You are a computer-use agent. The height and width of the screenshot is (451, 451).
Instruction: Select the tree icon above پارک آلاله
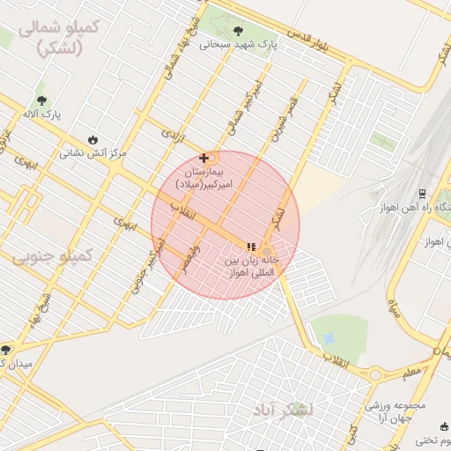coord(41,100)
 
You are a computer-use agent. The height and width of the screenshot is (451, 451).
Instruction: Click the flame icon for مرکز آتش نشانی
coord(93,139)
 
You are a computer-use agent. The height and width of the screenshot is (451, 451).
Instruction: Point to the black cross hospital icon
coord(204,158)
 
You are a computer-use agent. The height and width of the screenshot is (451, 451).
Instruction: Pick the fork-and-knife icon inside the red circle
coord(251,248)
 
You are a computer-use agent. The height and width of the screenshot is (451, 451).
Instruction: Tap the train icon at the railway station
coord(422,193)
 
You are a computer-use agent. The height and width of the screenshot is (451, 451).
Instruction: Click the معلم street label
coord(411,373)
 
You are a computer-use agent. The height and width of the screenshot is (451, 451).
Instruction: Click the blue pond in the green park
coord(329,338)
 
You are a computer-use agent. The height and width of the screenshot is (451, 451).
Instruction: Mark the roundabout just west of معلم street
coord(376,374)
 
